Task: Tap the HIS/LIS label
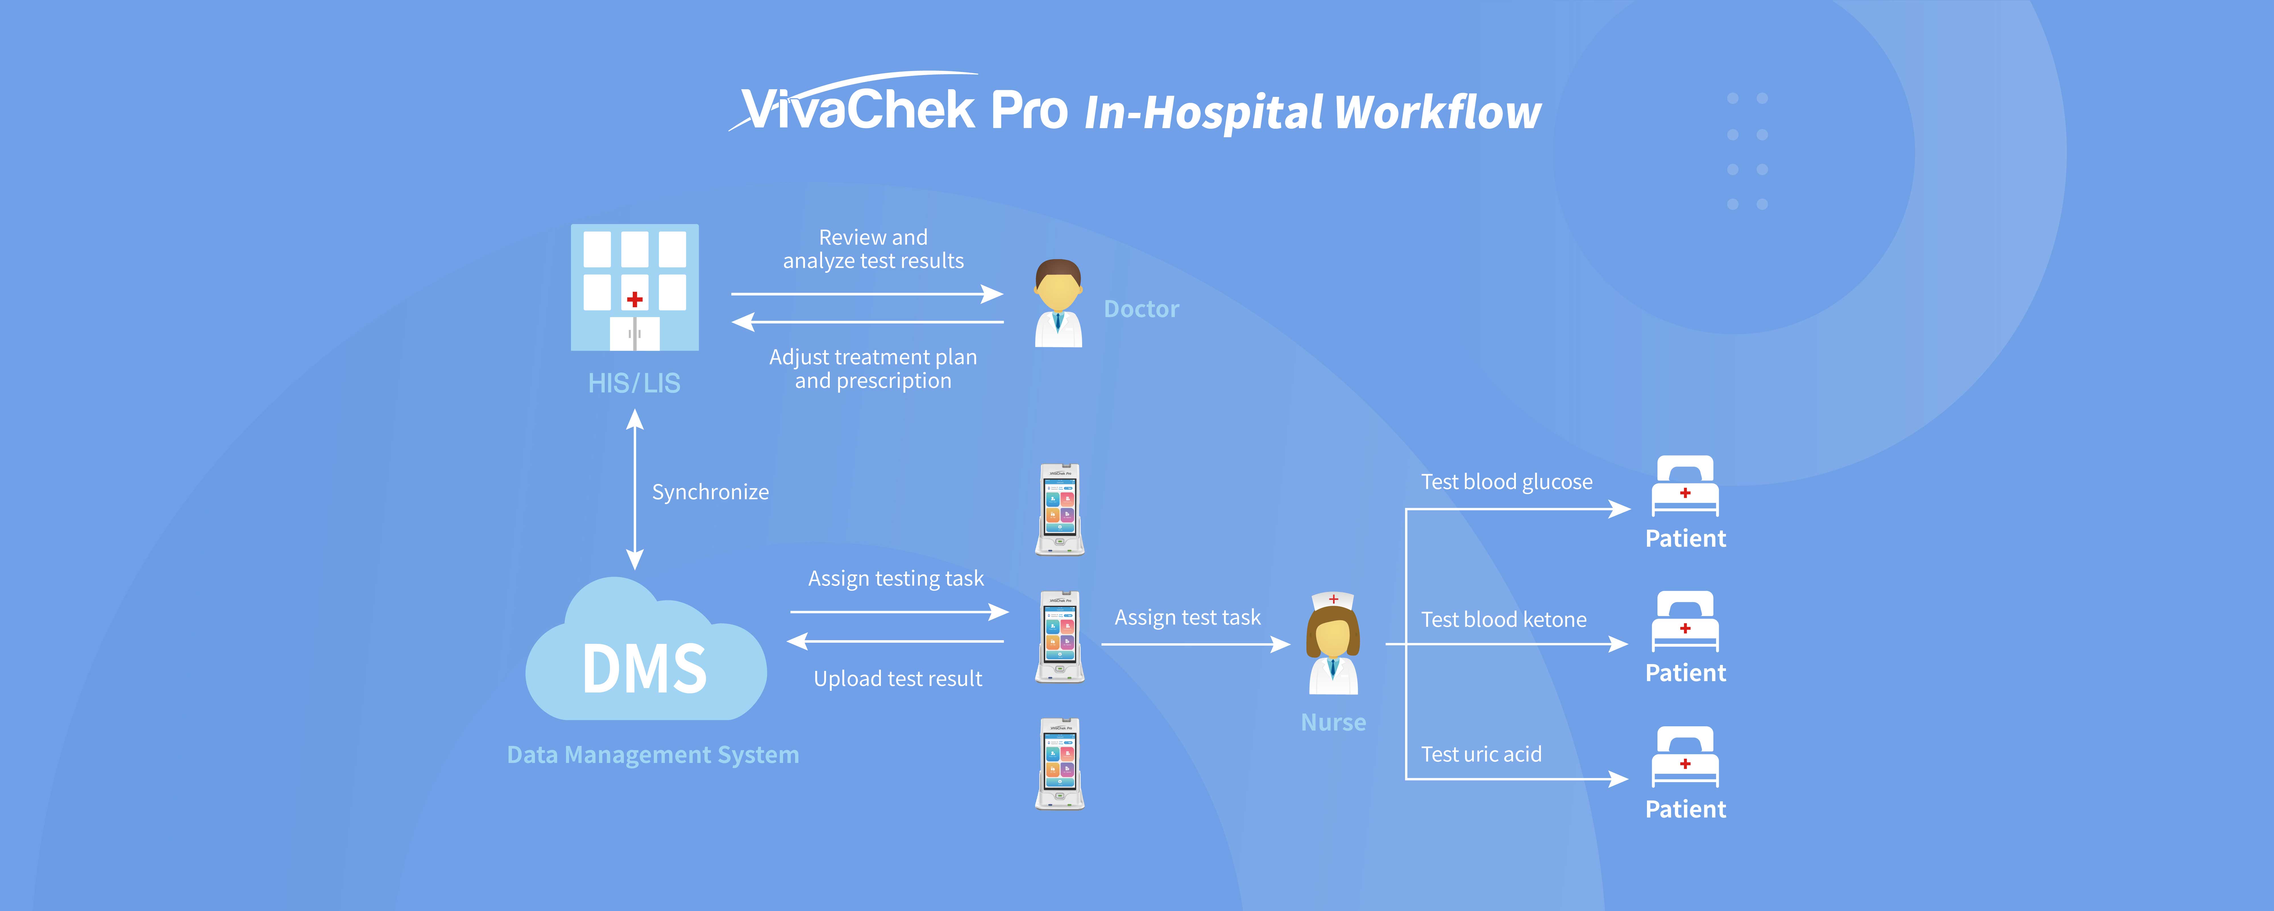634,383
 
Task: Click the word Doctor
1140,309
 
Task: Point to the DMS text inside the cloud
644,668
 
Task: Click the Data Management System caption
652,755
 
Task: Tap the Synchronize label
710,492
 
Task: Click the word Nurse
1333,722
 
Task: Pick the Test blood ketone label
1503,620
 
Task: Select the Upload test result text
898,679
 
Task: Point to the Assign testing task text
895,578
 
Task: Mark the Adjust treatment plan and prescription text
873,369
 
